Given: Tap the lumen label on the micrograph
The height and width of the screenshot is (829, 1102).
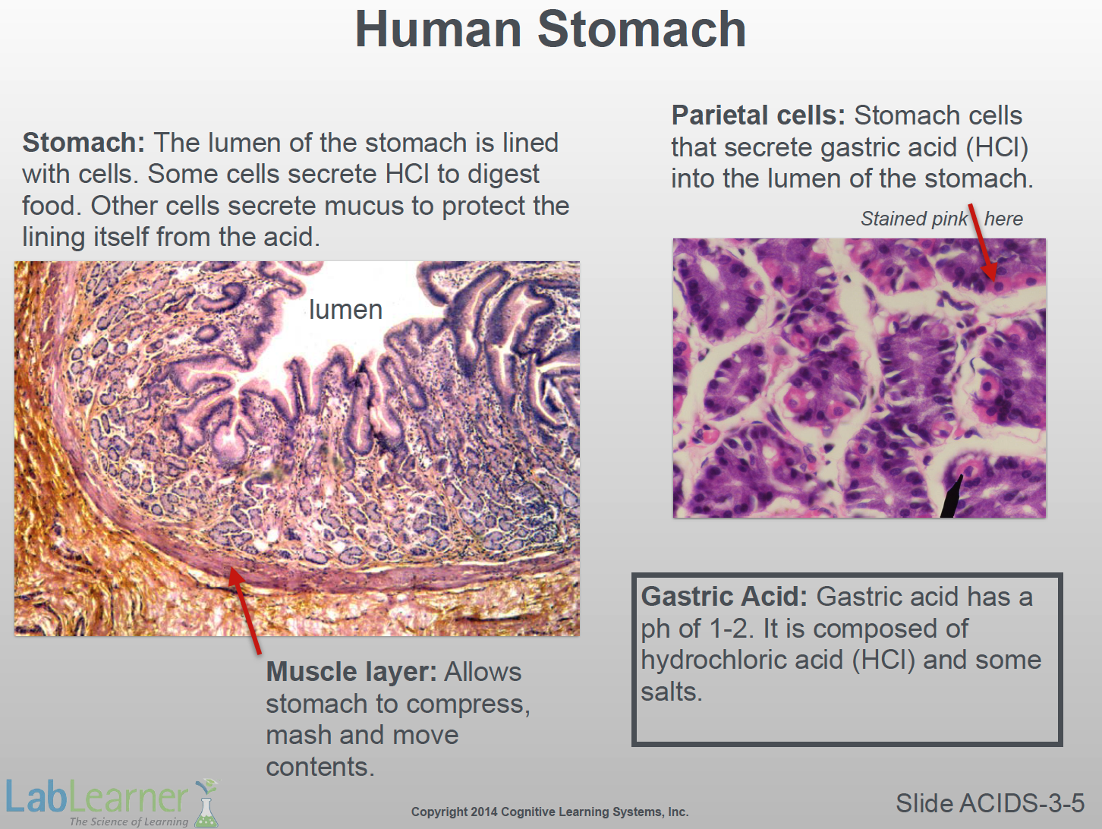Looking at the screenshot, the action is click(x=346, y=309).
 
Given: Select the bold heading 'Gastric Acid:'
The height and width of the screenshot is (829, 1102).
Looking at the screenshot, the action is click(x=724, y=597).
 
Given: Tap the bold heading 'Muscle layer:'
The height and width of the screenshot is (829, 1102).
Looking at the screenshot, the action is click(x=351, y=672).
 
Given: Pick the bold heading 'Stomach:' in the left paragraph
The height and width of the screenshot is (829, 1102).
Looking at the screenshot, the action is click(x=83, y=143).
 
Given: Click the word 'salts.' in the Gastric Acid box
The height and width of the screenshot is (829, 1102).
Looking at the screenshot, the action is click(x=672, y=692).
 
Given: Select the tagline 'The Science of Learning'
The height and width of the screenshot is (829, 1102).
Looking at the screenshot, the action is click(x=129, y=821).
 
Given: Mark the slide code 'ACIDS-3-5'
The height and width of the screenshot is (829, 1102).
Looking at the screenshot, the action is click(x=1022, y=803).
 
